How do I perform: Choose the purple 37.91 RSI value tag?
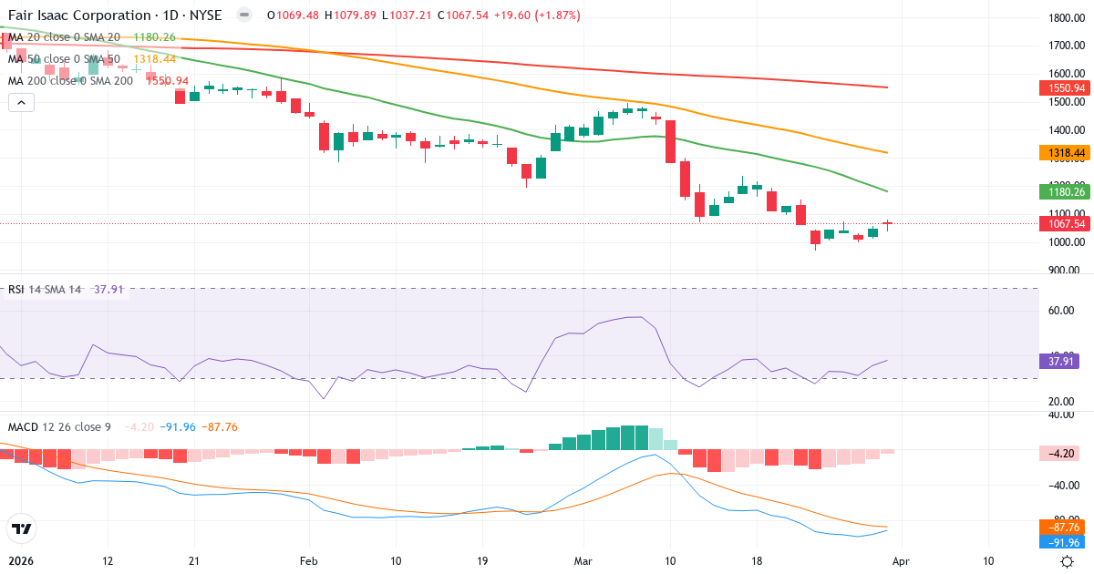coord(1058,361)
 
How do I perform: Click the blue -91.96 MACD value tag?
coord(1062,543)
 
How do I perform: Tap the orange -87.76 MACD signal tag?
coord(1062,528)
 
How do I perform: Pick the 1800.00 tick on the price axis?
coord(1066,18)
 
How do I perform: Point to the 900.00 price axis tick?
coord(1066,271)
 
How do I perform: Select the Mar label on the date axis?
coord(583,560)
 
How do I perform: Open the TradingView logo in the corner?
coord(21,528)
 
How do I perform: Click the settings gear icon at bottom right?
coord(1067,560)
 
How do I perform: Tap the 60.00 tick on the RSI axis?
coord(1061,311)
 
